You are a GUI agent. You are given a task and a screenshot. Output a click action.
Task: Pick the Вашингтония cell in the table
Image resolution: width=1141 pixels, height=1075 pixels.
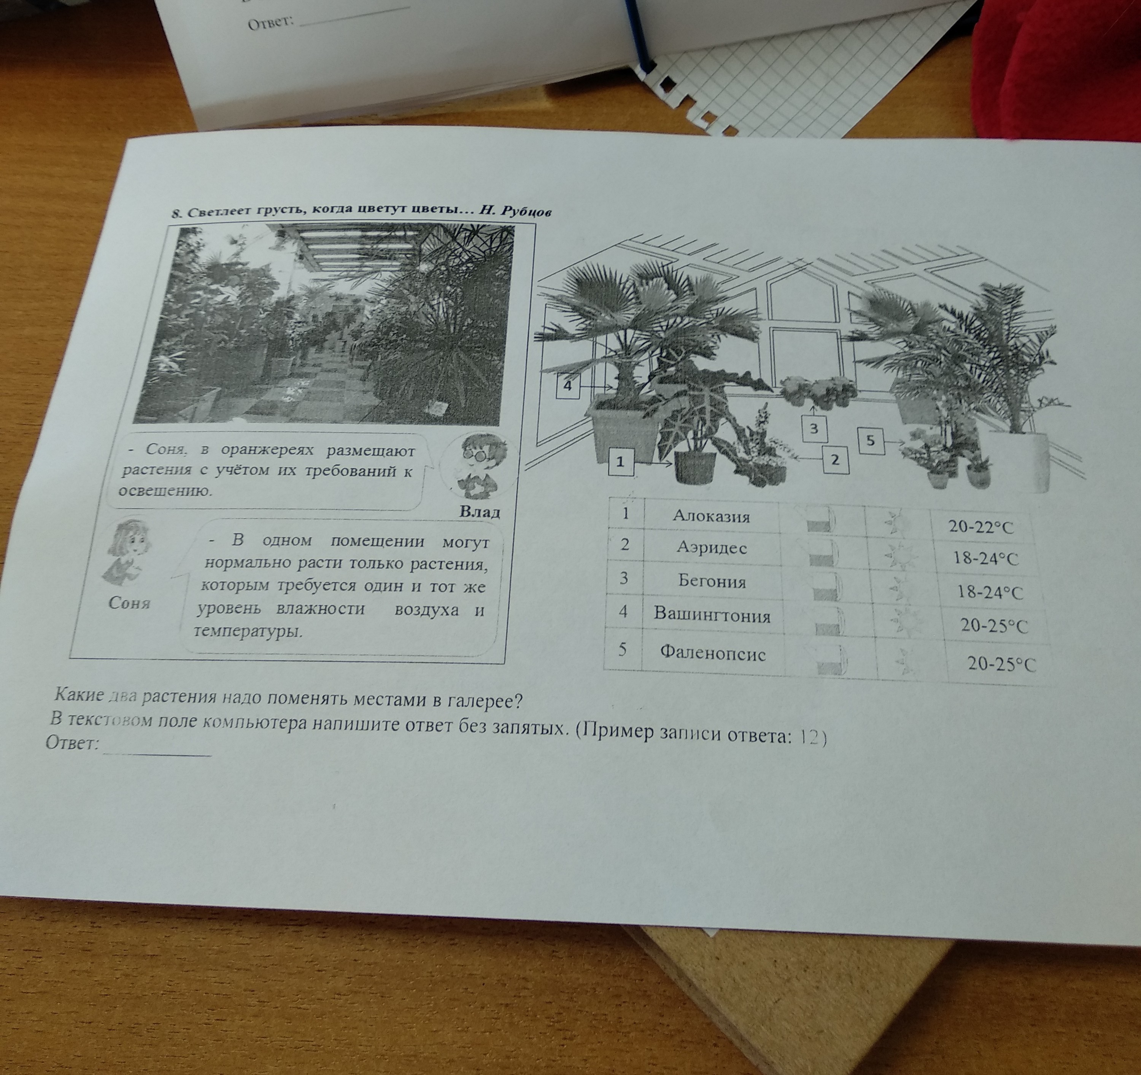[712, 615]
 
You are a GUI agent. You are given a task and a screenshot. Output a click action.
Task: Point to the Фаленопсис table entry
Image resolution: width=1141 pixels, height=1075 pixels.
[712, 653]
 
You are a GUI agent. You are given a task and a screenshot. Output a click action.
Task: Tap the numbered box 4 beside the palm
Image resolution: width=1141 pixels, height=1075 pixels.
[567, 385]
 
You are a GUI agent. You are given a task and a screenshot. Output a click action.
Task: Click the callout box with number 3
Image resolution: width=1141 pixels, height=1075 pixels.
[814, 428]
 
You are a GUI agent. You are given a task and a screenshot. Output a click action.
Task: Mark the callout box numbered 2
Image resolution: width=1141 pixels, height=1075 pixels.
[836, 460]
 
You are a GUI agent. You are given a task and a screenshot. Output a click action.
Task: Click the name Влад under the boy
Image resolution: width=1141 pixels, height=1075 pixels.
[480, 511]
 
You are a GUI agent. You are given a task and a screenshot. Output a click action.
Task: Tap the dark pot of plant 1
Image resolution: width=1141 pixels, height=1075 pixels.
[695, 467]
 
